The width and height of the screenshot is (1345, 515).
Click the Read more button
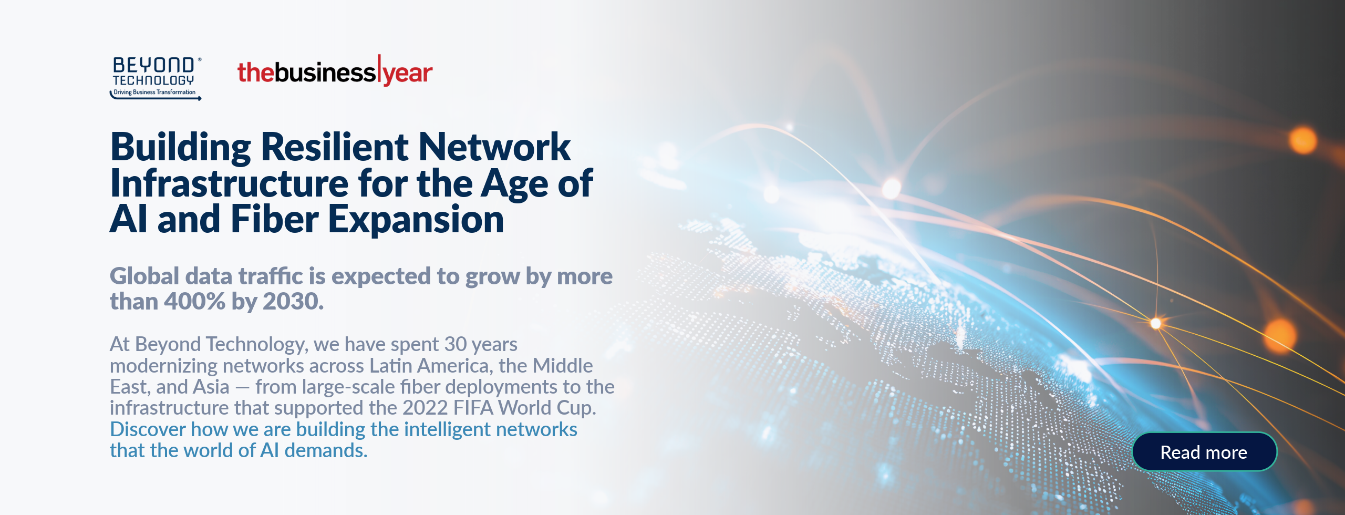(1204, 452)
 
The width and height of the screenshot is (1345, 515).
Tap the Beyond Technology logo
(156, 78)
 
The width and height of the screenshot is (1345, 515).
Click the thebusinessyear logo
(335, 71)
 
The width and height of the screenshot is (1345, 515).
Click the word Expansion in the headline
(416, 220)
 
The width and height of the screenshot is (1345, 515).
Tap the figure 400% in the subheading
(194, 302)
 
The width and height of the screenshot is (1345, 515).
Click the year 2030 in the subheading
(293, 302)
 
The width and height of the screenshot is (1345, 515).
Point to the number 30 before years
(456, 344)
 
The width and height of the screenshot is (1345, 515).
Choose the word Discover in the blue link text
(148, 429)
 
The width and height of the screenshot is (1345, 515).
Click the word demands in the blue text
(325, 450)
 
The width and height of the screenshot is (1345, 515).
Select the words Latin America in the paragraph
(428, 365)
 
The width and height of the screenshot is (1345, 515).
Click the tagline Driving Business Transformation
(154, 92)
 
